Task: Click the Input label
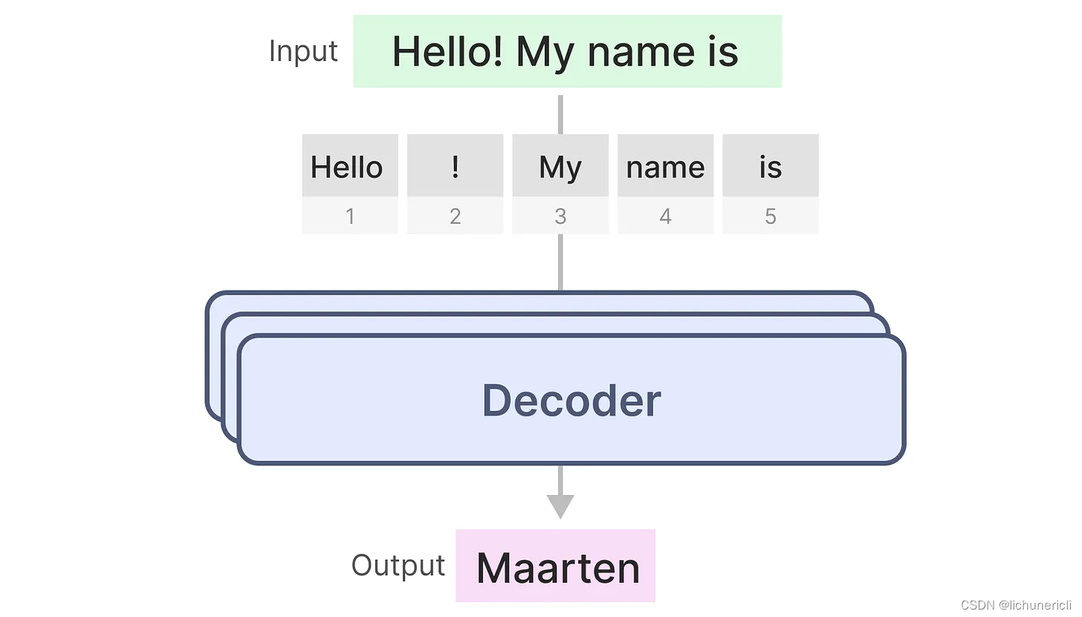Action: point(303,51)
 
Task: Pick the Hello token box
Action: point(349,167)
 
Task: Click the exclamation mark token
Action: point(455,167)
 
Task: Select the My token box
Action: point(560,167)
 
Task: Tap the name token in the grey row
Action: point(665,167)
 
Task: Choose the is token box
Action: point(771,167)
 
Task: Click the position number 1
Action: point(349,216)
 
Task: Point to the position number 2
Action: point(455,216)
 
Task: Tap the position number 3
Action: point(560,216)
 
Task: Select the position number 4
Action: point(665,216)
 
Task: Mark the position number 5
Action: point(771,216)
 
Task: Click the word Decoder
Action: point(571,400)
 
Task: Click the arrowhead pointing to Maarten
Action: point(560,507)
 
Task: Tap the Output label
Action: point(398,565)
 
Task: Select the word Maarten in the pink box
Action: point(557,568)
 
